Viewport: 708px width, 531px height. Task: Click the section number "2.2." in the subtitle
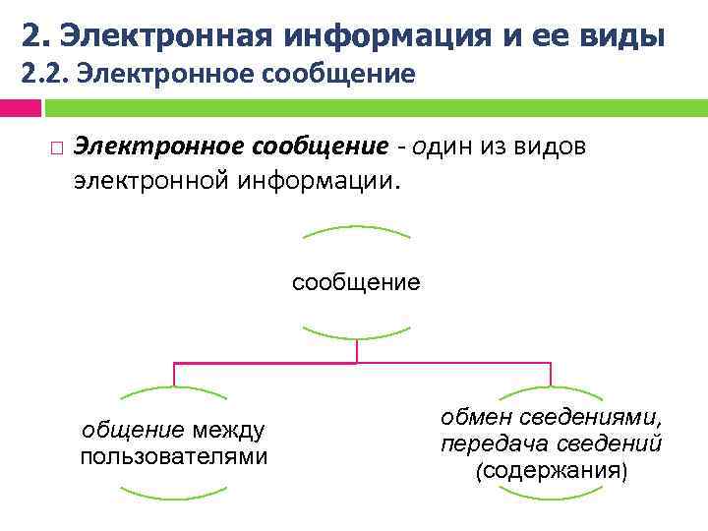coord(42,74)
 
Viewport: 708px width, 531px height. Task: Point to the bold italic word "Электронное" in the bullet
coord(160,146)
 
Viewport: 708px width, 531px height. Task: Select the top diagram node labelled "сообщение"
coord(356,283)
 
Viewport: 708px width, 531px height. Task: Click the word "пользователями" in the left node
coord(174,457)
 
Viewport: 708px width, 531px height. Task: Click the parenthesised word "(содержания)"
coord(551,471)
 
